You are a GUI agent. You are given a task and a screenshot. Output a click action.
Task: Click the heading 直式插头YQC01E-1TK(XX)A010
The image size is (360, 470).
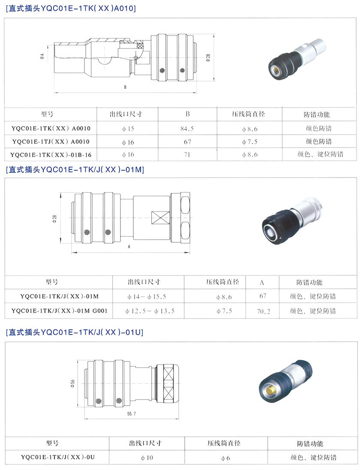(71, 8)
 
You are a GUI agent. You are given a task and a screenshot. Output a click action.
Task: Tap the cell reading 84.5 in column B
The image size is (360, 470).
(187, 129)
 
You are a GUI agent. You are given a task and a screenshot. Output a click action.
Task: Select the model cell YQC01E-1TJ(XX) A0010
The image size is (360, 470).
(51, 142)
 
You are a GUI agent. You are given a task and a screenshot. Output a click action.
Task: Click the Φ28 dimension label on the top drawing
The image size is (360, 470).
(208, 57)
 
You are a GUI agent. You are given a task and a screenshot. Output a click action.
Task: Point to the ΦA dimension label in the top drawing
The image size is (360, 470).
(42, 56)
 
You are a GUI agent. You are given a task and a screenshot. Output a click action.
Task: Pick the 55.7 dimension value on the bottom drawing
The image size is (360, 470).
(131, 414)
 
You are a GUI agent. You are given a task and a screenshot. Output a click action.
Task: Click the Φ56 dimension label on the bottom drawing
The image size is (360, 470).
(72, 384)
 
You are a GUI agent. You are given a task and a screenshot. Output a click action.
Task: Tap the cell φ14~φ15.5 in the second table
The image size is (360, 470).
(147, 297)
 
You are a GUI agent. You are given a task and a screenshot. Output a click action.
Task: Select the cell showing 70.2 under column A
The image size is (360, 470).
(263, 311)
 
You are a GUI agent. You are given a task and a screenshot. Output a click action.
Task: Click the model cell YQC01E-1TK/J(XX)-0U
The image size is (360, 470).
(58, 457)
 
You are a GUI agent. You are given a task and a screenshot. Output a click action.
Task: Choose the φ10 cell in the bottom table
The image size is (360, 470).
(147, 458)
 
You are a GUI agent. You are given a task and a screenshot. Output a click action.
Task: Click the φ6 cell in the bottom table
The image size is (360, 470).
(225, 458)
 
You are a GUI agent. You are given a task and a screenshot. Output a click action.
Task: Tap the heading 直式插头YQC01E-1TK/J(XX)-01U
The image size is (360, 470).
(75, 332)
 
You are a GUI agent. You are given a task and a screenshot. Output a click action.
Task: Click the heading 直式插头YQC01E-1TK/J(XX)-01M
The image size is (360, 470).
(75, 170)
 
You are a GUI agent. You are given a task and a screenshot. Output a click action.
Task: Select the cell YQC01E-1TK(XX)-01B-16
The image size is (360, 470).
(51, 155)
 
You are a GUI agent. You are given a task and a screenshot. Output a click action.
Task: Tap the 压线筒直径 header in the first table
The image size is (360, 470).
(249, 114)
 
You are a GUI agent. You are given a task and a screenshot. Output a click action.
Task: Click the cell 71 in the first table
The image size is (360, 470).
(187, 155)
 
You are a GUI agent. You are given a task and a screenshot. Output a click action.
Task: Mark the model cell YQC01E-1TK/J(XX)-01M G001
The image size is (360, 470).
(59, 311)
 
